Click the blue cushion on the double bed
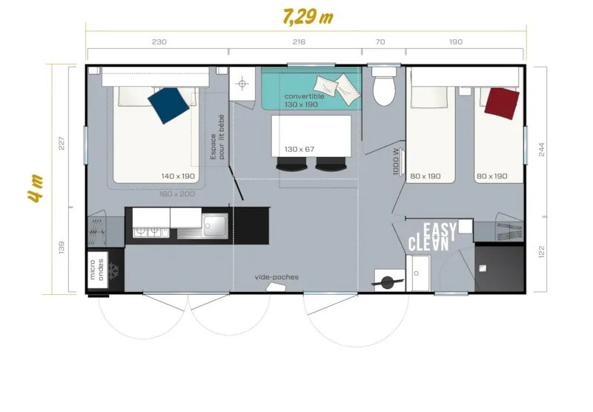168,105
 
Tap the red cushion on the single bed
501,102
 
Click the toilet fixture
384,88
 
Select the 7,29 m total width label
308,16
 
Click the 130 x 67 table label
299,150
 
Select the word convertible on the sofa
304,96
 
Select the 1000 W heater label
397,162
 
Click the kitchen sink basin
216,225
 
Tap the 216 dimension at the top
299,42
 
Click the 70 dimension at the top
380,42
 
